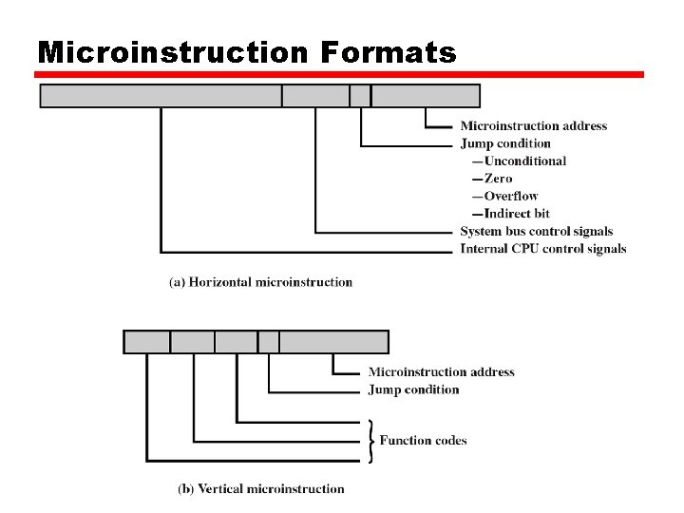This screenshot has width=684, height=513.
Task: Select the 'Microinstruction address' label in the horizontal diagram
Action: [x=533, y=126]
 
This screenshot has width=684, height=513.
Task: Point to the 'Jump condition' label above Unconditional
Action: [x=505, y=143]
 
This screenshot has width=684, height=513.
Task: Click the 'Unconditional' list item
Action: [x=524, y=161]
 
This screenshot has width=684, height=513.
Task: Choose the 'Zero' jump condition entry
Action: [x=498, y=179]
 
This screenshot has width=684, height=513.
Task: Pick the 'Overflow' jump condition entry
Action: [x=511, y=196]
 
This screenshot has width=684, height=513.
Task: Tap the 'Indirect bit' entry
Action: [x=516, y=214]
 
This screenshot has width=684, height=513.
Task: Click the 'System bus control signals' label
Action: [x=536, y=231]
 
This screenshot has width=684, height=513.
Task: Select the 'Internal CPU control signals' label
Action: [x=542, y=249]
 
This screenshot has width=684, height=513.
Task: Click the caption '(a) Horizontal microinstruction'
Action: [x=260, y=282]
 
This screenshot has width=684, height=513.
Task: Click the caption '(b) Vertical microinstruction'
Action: [x=261, y=488]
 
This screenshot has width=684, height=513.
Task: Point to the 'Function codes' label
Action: [x=423, y=440]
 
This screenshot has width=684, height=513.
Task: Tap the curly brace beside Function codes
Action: [x=370, y=440]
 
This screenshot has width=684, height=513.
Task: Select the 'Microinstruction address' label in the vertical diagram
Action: [x=441, y=372]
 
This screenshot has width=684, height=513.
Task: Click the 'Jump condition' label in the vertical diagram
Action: [x=413, y=389]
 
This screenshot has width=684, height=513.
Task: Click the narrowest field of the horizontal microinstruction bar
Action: [x=360, y=96]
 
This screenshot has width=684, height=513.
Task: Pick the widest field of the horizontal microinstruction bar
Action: [x=161, y=96]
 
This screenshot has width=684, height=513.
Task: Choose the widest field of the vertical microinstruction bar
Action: [x=333, y=342]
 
